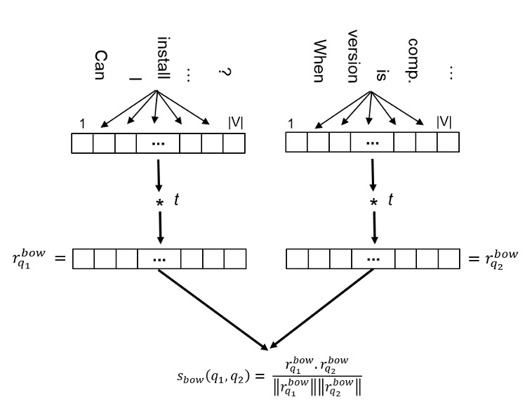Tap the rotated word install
point(163,58)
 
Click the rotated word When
point(318,60)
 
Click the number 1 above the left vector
point(82,124)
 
